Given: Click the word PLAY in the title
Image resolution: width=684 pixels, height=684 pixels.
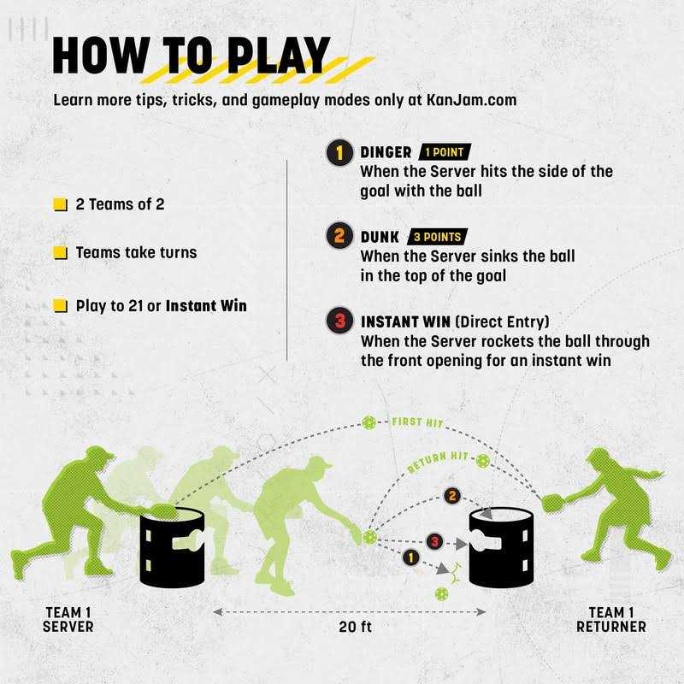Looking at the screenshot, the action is tap(279, 55).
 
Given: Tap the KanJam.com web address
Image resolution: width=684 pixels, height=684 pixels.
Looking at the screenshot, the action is tap(471, 100).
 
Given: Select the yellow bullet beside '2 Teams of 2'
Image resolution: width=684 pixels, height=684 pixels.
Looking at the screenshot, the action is tap(60, 204).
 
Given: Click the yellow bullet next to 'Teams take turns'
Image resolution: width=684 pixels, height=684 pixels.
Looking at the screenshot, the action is tap(60, 252).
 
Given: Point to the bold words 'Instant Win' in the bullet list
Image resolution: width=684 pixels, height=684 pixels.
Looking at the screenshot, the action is tap(206, 306).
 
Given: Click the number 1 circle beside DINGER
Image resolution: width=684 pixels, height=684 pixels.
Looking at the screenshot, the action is tap(339, 153).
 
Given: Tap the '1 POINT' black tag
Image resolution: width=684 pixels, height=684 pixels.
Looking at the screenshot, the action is tap(445, 152).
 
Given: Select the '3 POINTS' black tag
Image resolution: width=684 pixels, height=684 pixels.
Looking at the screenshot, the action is tap(437, 237).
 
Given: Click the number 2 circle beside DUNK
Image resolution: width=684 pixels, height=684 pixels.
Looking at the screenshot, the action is tap(339, 236).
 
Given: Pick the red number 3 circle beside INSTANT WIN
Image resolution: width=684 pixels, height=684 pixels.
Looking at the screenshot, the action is tap(339, 321).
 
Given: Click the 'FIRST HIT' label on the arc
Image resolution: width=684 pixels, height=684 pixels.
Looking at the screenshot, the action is tap(417, 422).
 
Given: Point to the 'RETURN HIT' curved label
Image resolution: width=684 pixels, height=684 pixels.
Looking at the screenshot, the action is tap(438, 462).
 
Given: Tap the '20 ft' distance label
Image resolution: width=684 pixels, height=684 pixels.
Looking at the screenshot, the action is tap(355, 627).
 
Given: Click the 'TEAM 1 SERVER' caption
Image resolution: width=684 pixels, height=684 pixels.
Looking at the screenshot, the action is tap(68, 619).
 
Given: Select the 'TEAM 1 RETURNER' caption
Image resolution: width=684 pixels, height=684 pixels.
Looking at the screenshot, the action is tap(611, 619).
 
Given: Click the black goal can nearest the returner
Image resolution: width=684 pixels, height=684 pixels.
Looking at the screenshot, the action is tap(501, 548).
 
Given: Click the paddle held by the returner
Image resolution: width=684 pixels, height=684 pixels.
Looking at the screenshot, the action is tap(553, 503).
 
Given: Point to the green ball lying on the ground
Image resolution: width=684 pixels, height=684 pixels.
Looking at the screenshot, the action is tap(441, 593).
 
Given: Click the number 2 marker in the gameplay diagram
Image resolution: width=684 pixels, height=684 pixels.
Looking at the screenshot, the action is tap(452, 496).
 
